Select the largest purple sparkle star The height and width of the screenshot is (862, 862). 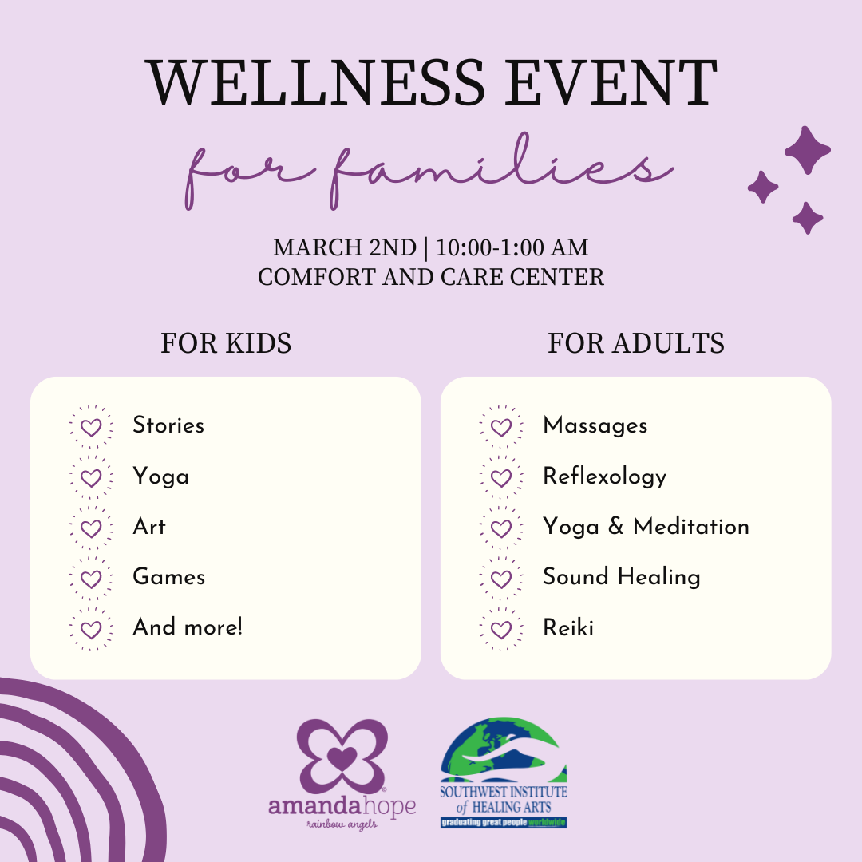807,151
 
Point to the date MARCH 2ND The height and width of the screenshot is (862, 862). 345,247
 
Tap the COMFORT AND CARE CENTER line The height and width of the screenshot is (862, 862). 431,277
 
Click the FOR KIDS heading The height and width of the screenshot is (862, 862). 226,343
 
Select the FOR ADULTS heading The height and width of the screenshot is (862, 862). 635,343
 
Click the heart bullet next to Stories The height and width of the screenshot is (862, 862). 91,427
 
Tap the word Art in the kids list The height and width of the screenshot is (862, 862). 149,527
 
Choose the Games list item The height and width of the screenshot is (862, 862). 168,577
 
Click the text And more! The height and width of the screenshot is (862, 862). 188,627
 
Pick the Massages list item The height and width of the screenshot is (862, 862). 595,426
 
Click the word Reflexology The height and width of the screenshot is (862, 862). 604,477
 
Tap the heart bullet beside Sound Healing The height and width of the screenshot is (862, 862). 500,578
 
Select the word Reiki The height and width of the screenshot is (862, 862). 567,628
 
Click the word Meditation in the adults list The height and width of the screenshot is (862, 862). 690,527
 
